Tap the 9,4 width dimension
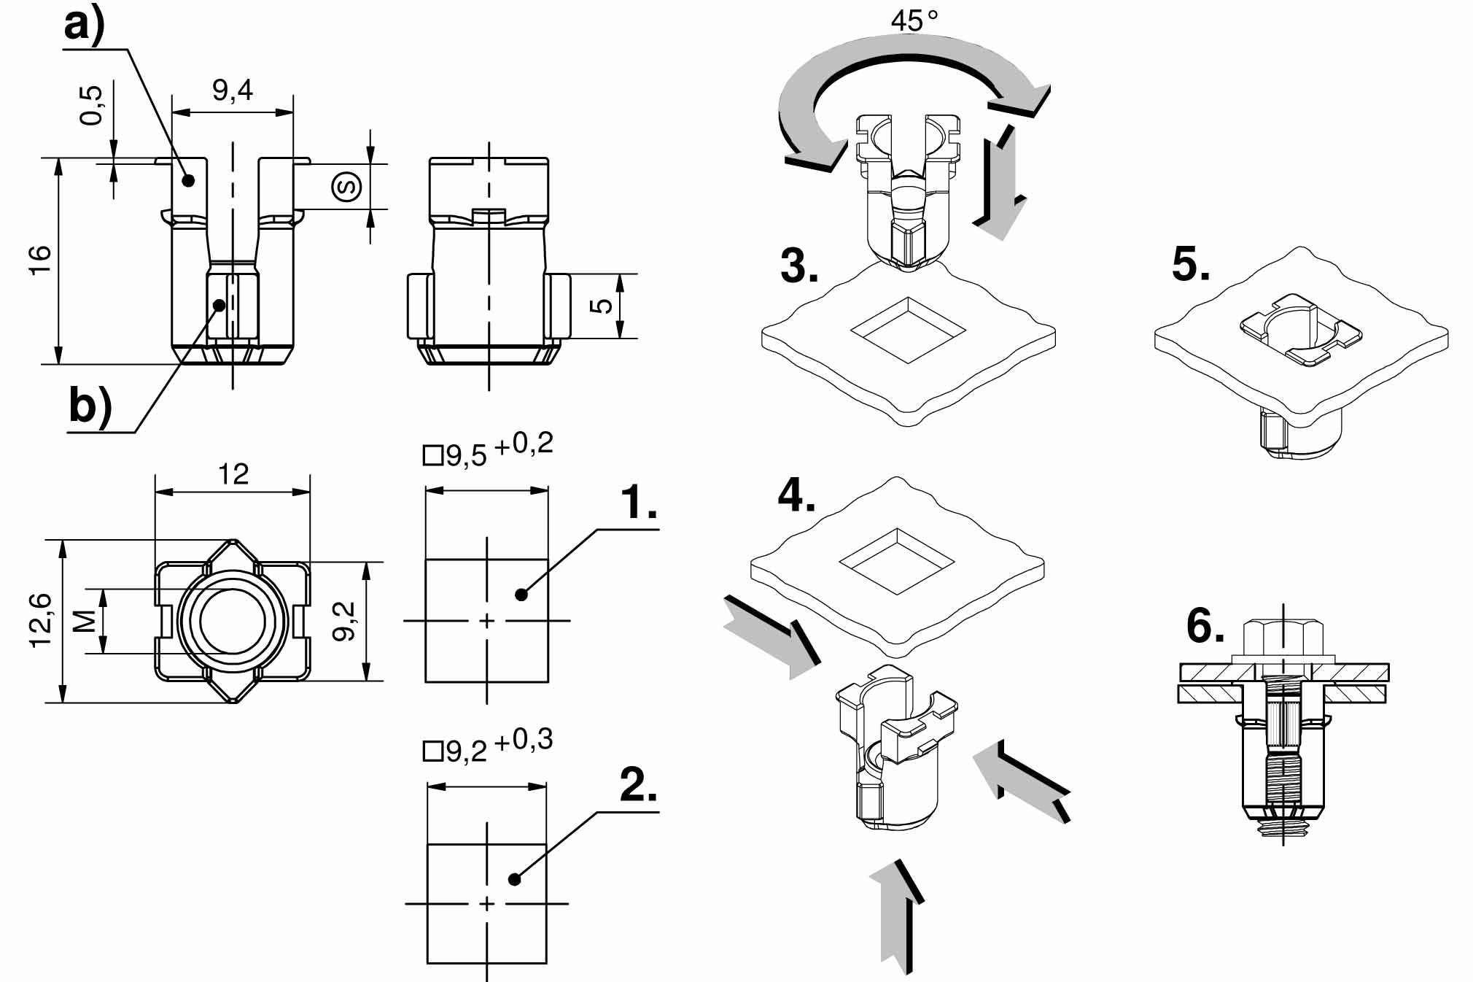tap(233, 90)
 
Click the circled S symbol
tap(346, 187)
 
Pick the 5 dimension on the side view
tap(602, 306)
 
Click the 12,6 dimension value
tap(41, 620)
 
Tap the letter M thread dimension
tap(85, 621)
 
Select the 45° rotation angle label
tap(914, 20)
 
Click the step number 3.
tap(799, 266)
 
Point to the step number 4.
tap(796, 496)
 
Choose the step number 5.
tap(1191, 264)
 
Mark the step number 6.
tap(1205, 626)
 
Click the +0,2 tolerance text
tap(524, 444)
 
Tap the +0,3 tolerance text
tap(524, 741)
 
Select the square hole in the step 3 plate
tap(908, 330)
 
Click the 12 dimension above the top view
tap(233, 475)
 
